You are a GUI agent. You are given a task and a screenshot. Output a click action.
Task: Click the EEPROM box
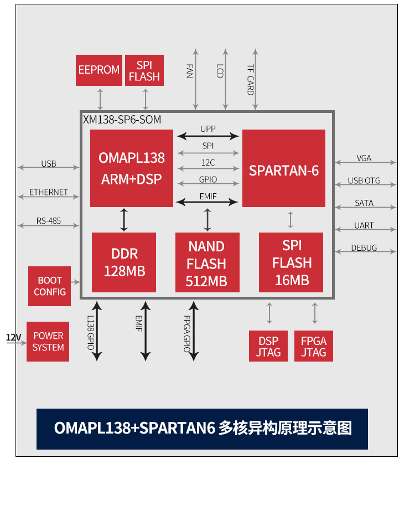(x=98, y=70)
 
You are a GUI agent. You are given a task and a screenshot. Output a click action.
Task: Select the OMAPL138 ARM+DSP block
(x=132, y=168)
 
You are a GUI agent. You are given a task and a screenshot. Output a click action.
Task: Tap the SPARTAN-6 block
(x=284, y=168)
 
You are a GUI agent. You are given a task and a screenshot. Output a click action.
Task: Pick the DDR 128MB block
(x=124, y=262)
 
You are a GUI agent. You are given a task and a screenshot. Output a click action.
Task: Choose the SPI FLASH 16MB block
(x=291, y=262)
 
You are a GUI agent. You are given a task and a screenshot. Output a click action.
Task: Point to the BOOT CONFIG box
(x=50, y=286)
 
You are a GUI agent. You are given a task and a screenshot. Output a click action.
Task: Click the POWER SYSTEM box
(x=48, y=342)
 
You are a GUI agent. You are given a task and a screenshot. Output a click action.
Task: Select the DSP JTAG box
(x=268, y=347)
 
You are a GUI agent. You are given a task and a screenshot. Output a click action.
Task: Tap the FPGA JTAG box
(x=314, y=347)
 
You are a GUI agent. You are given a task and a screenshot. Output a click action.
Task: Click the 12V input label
(x=13, y=337)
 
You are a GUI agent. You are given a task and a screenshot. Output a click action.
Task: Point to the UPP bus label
(x=208, y=129)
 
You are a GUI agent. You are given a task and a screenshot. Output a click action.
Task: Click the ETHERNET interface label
(x=49, y=192)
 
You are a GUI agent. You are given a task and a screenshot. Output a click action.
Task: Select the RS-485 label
(x=49, y=221)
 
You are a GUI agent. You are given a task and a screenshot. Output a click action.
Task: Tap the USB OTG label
(x=364, y=181)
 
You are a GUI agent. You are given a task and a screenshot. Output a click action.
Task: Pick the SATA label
(x=364, y=203)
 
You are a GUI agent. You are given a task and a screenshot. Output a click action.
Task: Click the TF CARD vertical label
(x=251, y=79)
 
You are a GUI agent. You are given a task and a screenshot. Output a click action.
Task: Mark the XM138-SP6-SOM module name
(x=122, y=120)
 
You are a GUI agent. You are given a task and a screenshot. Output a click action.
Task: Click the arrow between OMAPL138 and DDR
(x=124, y=220)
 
